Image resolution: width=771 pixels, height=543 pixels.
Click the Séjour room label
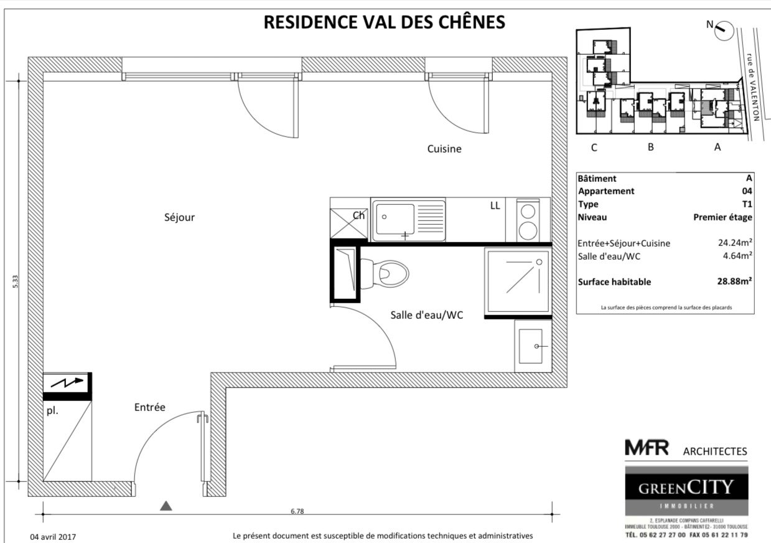click(179, 217)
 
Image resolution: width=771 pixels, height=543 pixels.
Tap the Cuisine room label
click(444, 149)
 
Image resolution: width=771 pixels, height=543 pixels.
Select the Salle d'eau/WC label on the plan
click(426, 315)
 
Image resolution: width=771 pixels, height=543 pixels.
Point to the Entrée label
click(150, 407)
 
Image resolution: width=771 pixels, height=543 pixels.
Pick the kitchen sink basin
click(395, 219)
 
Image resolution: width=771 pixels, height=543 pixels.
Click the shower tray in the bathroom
click(518, 280)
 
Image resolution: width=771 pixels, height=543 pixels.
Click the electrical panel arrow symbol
click(67, 382)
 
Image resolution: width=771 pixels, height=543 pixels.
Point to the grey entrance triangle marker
click(166, 506)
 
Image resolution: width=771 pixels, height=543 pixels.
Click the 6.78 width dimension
click(297, 511)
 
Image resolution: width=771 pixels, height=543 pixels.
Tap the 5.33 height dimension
click(15, 281)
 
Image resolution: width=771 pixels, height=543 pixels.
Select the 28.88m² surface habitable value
click(734, 281)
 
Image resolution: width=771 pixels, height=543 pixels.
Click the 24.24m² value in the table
click(735, 243)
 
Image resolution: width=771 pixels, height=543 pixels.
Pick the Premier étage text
click(722, 217)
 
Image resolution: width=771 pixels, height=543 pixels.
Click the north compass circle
click(724, 31)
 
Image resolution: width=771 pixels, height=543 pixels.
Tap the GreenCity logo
click(686, 491)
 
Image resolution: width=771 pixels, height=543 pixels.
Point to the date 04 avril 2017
click(53, 537)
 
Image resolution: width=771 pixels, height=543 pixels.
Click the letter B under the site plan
click(650, 147)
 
